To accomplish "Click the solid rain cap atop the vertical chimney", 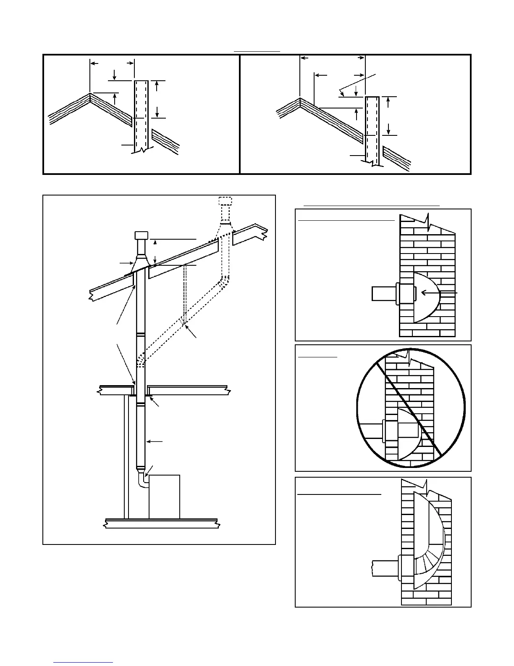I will pyautogui.click(x=141, y=235).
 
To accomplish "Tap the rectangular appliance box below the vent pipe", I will pyautogui.click(x=164, y=496).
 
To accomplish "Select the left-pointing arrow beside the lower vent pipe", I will pyautogui.click(x=156, y=441).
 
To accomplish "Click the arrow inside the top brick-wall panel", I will pyautogui.click(x=439, y=293).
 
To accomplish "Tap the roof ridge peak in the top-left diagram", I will pyautogui.click(x=90, y=93).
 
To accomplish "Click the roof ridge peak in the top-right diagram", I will pyautogui.click(x=300, y=99).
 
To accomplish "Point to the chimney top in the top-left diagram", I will pyautogui.click(x=141, y=81).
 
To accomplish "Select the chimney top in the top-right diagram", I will pyautogui.click(x=372, y=98).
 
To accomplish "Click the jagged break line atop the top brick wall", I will pyautogui.click(x=427, y=219).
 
